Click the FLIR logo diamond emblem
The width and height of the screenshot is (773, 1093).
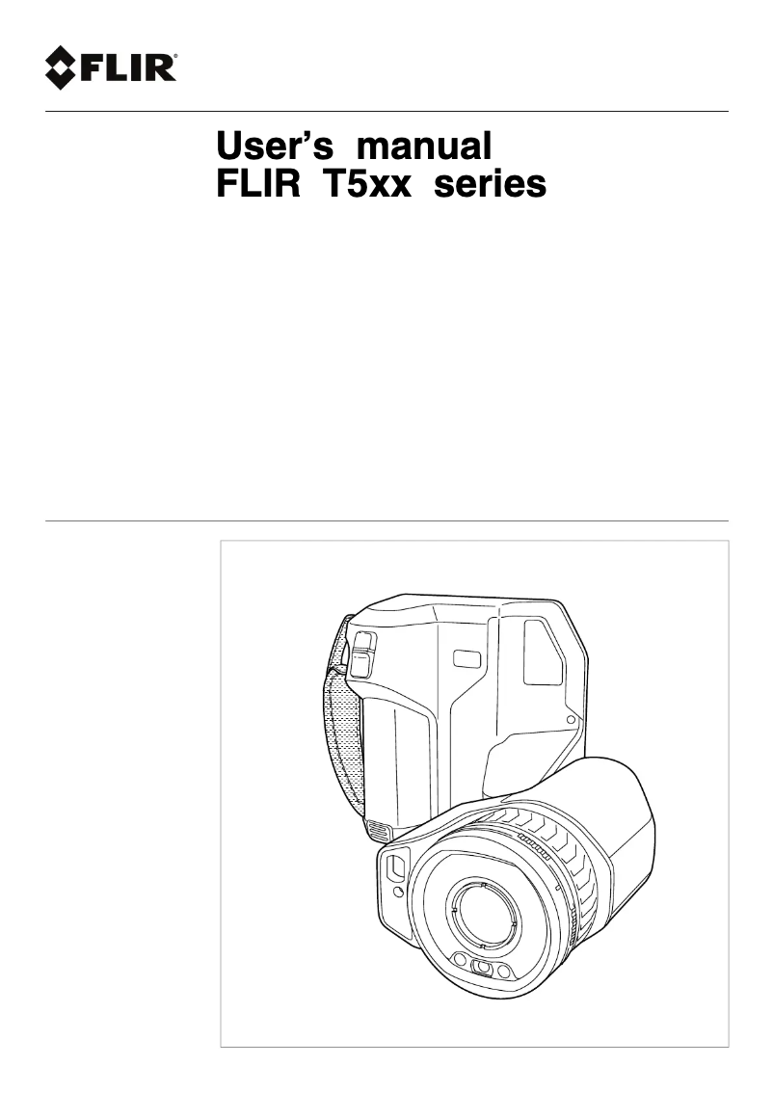[60, 67]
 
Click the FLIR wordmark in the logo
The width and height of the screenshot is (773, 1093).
[126, 68]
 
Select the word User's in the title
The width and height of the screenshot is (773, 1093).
[275, 146]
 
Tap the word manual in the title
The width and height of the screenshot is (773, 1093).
[424, 146]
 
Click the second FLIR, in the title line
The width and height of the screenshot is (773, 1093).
[258, 184]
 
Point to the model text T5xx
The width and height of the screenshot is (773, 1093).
[366, 184]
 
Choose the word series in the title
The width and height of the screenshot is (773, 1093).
[490, 185]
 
